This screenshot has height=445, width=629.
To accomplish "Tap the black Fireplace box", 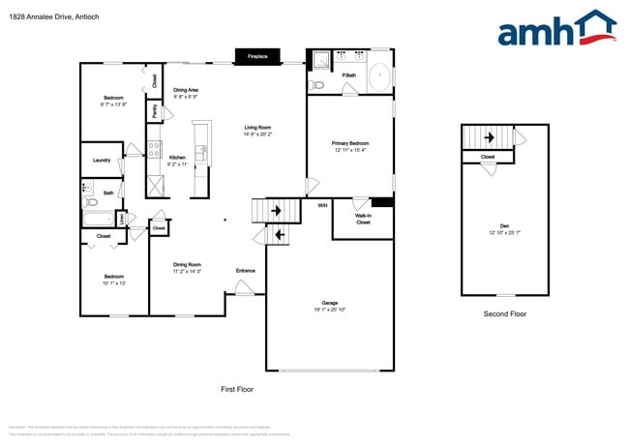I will [257, 57].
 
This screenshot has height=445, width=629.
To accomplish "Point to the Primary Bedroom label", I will [350, 143].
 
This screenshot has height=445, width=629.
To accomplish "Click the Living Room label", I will [256, 128].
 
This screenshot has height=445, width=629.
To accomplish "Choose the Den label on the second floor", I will [504, 226].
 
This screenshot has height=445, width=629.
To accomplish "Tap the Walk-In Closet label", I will [363, 219].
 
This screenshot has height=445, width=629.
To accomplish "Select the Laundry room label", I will [101, 161].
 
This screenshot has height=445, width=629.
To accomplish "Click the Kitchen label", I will [177, 157].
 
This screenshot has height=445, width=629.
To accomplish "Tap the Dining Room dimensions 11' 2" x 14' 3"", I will [187, 272].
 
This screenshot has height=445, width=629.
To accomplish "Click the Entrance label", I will [245, 270].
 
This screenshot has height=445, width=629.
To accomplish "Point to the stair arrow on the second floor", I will [489, 138].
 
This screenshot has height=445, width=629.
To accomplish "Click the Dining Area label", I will [187, 90].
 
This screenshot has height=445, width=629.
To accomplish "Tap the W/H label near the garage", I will [322, 205].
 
